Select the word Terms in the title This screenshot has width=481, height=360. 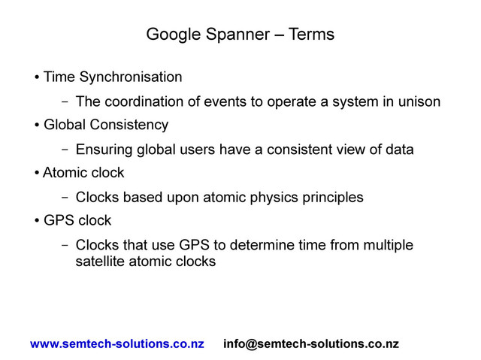(307, 35)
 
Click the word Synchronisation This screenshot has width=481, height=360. (130, 77)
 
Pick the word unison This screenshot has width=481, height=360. (418, 101)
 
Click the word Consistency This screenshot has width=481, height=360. (132, 124)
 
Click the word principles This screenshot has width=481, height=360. (332, 198)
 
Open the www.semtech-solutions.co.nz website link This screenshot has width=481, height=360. (116, 344)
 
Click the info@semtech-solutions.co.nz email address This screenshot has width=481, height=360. (311, 344)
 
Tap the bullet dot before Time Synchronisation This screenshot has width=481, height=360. (37, 77)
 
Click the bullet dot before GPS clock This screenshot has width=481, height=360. (37, 222)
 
